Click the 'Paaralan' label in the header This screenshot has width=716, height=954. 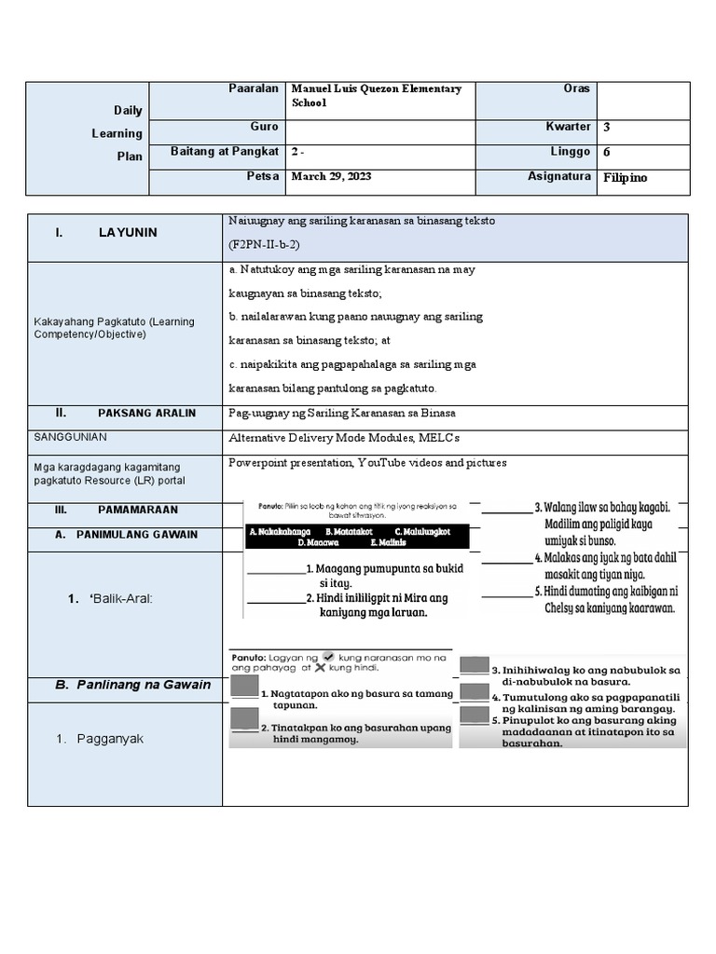254,89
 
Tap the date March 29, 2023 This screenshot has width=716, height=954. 332,175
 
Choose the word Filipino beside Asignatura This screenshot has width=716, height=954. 625,177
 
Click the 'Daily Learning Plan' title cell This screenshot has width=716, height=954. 129,133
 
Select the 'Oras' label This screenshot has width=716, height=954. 576,89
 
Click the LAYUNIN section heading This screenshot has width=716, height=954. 128,233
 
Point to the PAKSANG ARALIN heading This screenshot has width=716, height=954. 146,413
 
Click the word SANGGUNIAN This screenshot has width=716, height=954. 70,436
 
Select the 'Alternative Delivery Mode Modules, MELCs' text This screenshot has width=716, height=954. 344,437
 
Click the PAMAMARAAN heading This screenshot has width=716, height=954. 137,511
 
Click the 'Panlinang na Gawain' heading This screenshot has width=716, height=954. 132,685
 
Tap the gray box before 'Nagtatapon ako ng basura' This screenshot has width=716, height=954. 243,686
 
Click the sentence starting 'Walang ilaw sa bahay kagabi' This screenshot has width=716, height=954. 607,508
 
